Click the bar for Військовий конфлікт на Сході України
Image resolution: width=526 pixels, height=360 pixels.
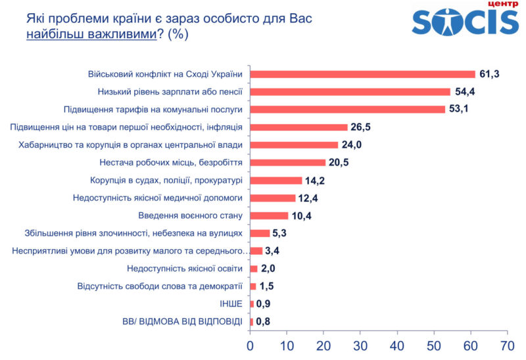tap(362, 74)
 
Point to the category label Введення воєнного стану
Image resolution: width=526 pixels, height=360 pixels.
tap(191, 215)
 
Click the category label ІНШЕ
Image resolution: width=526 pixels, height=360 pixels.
tap(231, 304)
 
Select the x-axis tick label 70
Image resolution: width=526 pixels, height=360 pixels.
tap(507, 345)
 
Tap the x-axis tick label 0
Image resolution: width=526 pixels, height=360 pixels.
tap(250, 345)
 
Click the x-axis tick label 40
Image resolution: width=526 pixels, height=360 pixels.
tap(396, 345)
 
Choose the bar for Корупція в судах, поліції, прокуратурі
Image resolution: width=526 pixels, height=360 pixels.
tap(275, 180)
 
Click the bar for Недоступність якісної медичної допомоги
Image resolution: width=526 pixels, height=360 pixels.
tap(272, 198)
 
